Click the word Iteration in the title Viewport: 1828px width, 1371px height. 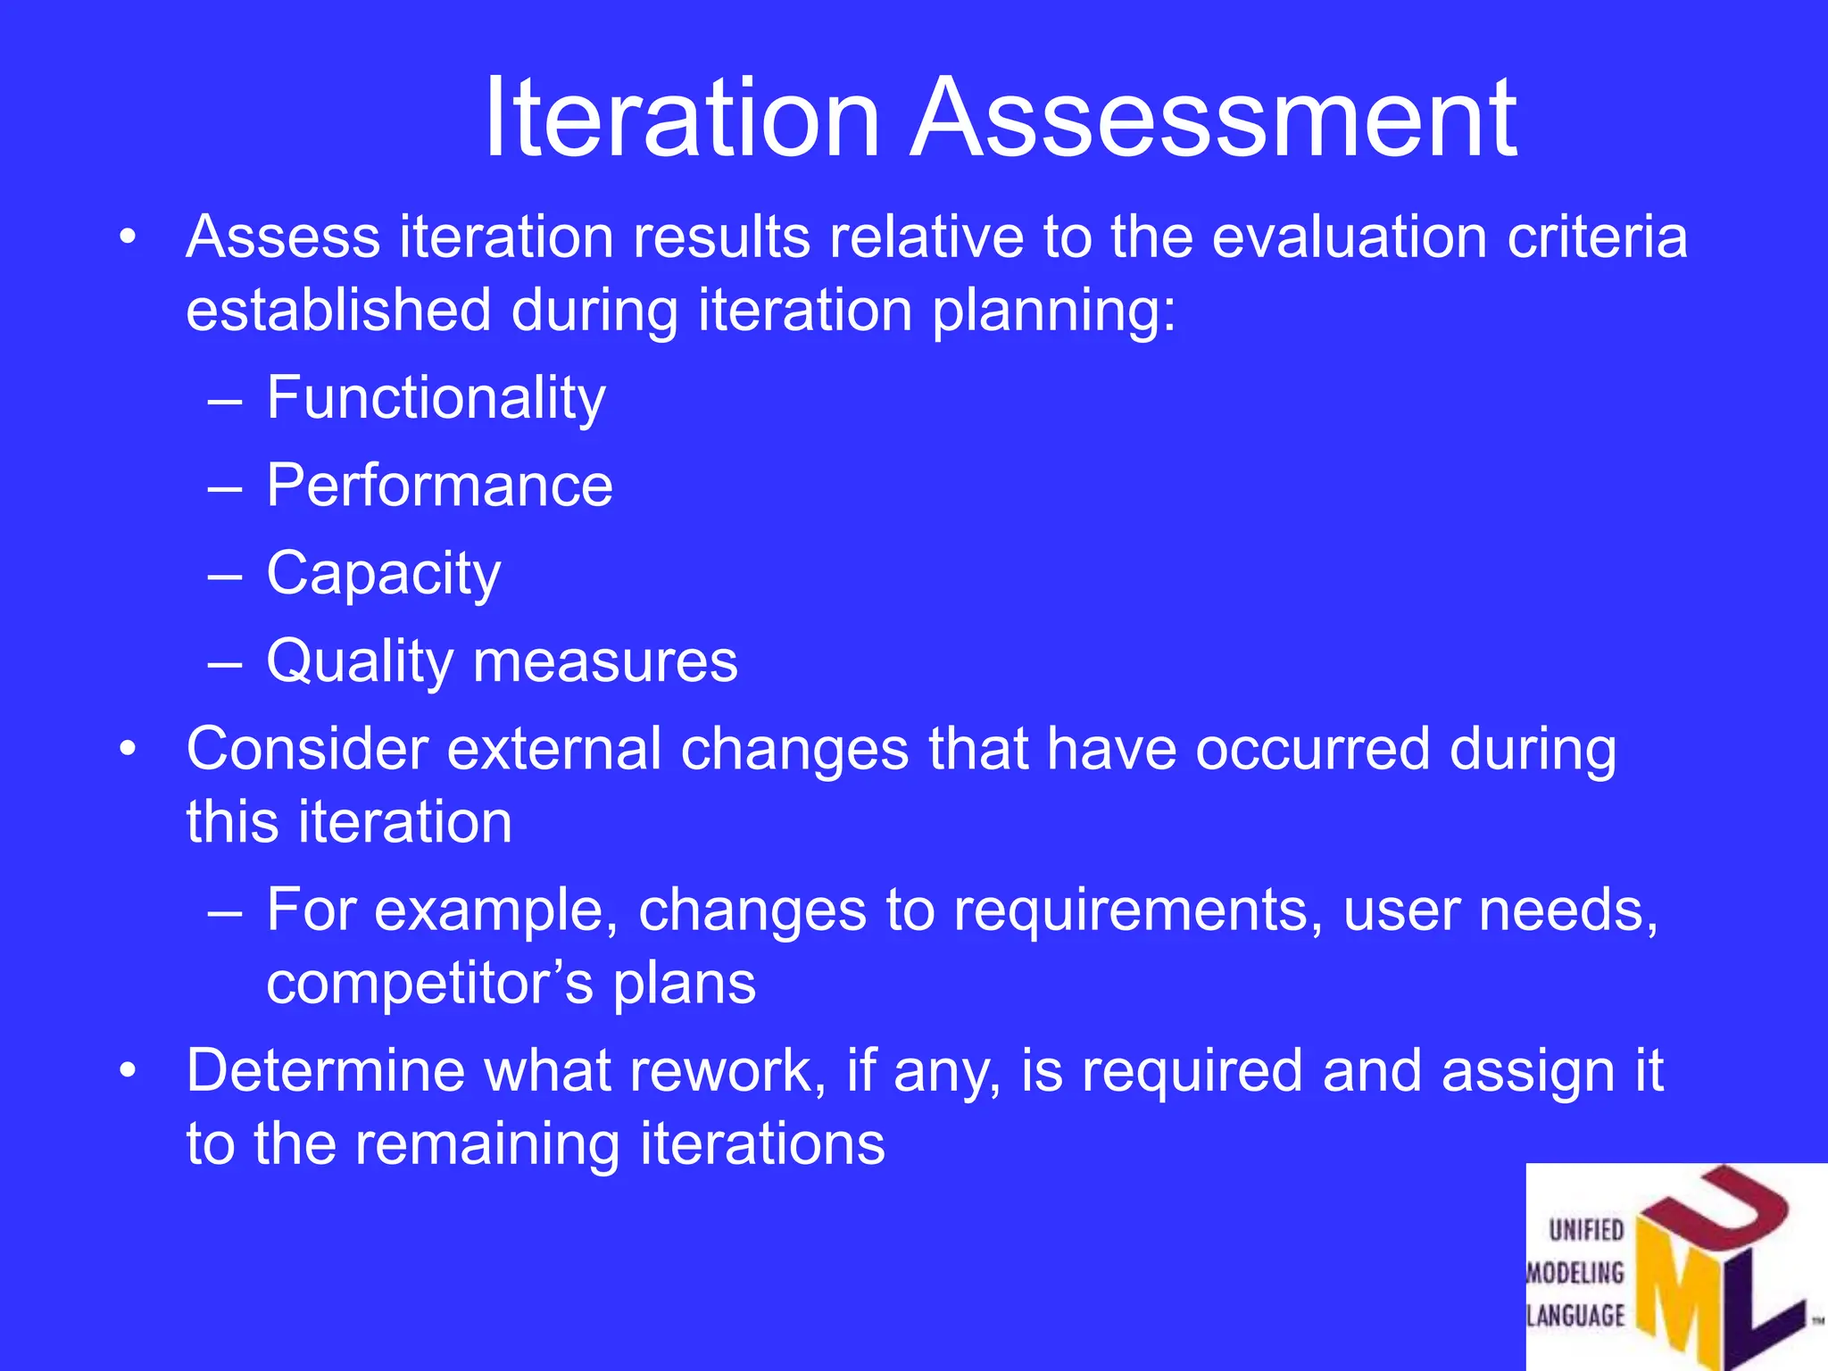point(683,118)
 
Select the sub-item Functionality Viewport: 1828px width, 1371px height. point(436,398)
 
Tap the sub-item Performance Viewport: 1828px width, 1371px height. point(439,486)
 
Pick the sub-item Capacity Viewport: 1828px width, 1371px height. point(383,574)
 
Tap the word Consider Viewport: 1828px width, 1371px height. point(306,748)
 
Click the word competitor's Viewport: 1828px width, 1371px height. point(429,984)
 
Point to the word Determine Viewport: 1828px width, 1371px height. point(326,1070)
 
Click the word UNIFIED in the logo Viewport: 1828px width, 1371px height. point(1586,1230)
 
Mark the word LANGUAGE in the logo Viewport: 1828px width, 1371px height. point(1576,1315)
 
